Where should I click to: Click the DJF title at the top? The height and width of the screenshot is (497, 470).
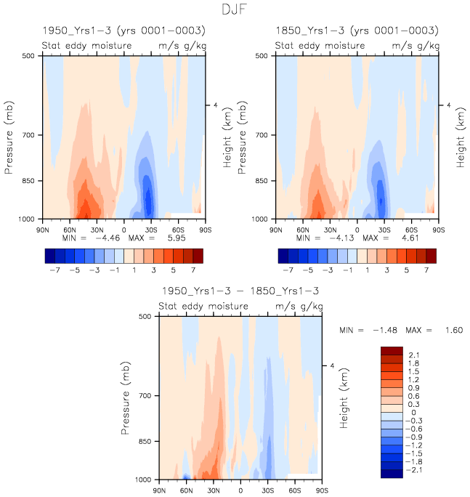tap(235, 10)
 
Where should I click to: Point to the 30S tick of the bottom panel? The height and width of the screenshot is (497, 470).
tap(268, 490)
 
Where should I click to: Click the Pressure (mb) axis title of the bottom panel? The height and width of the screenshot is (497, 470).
tap(126, 397)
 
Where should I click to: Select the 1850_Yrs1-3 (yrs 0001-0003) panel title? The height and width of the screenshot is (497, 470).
tap(357, 31)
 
